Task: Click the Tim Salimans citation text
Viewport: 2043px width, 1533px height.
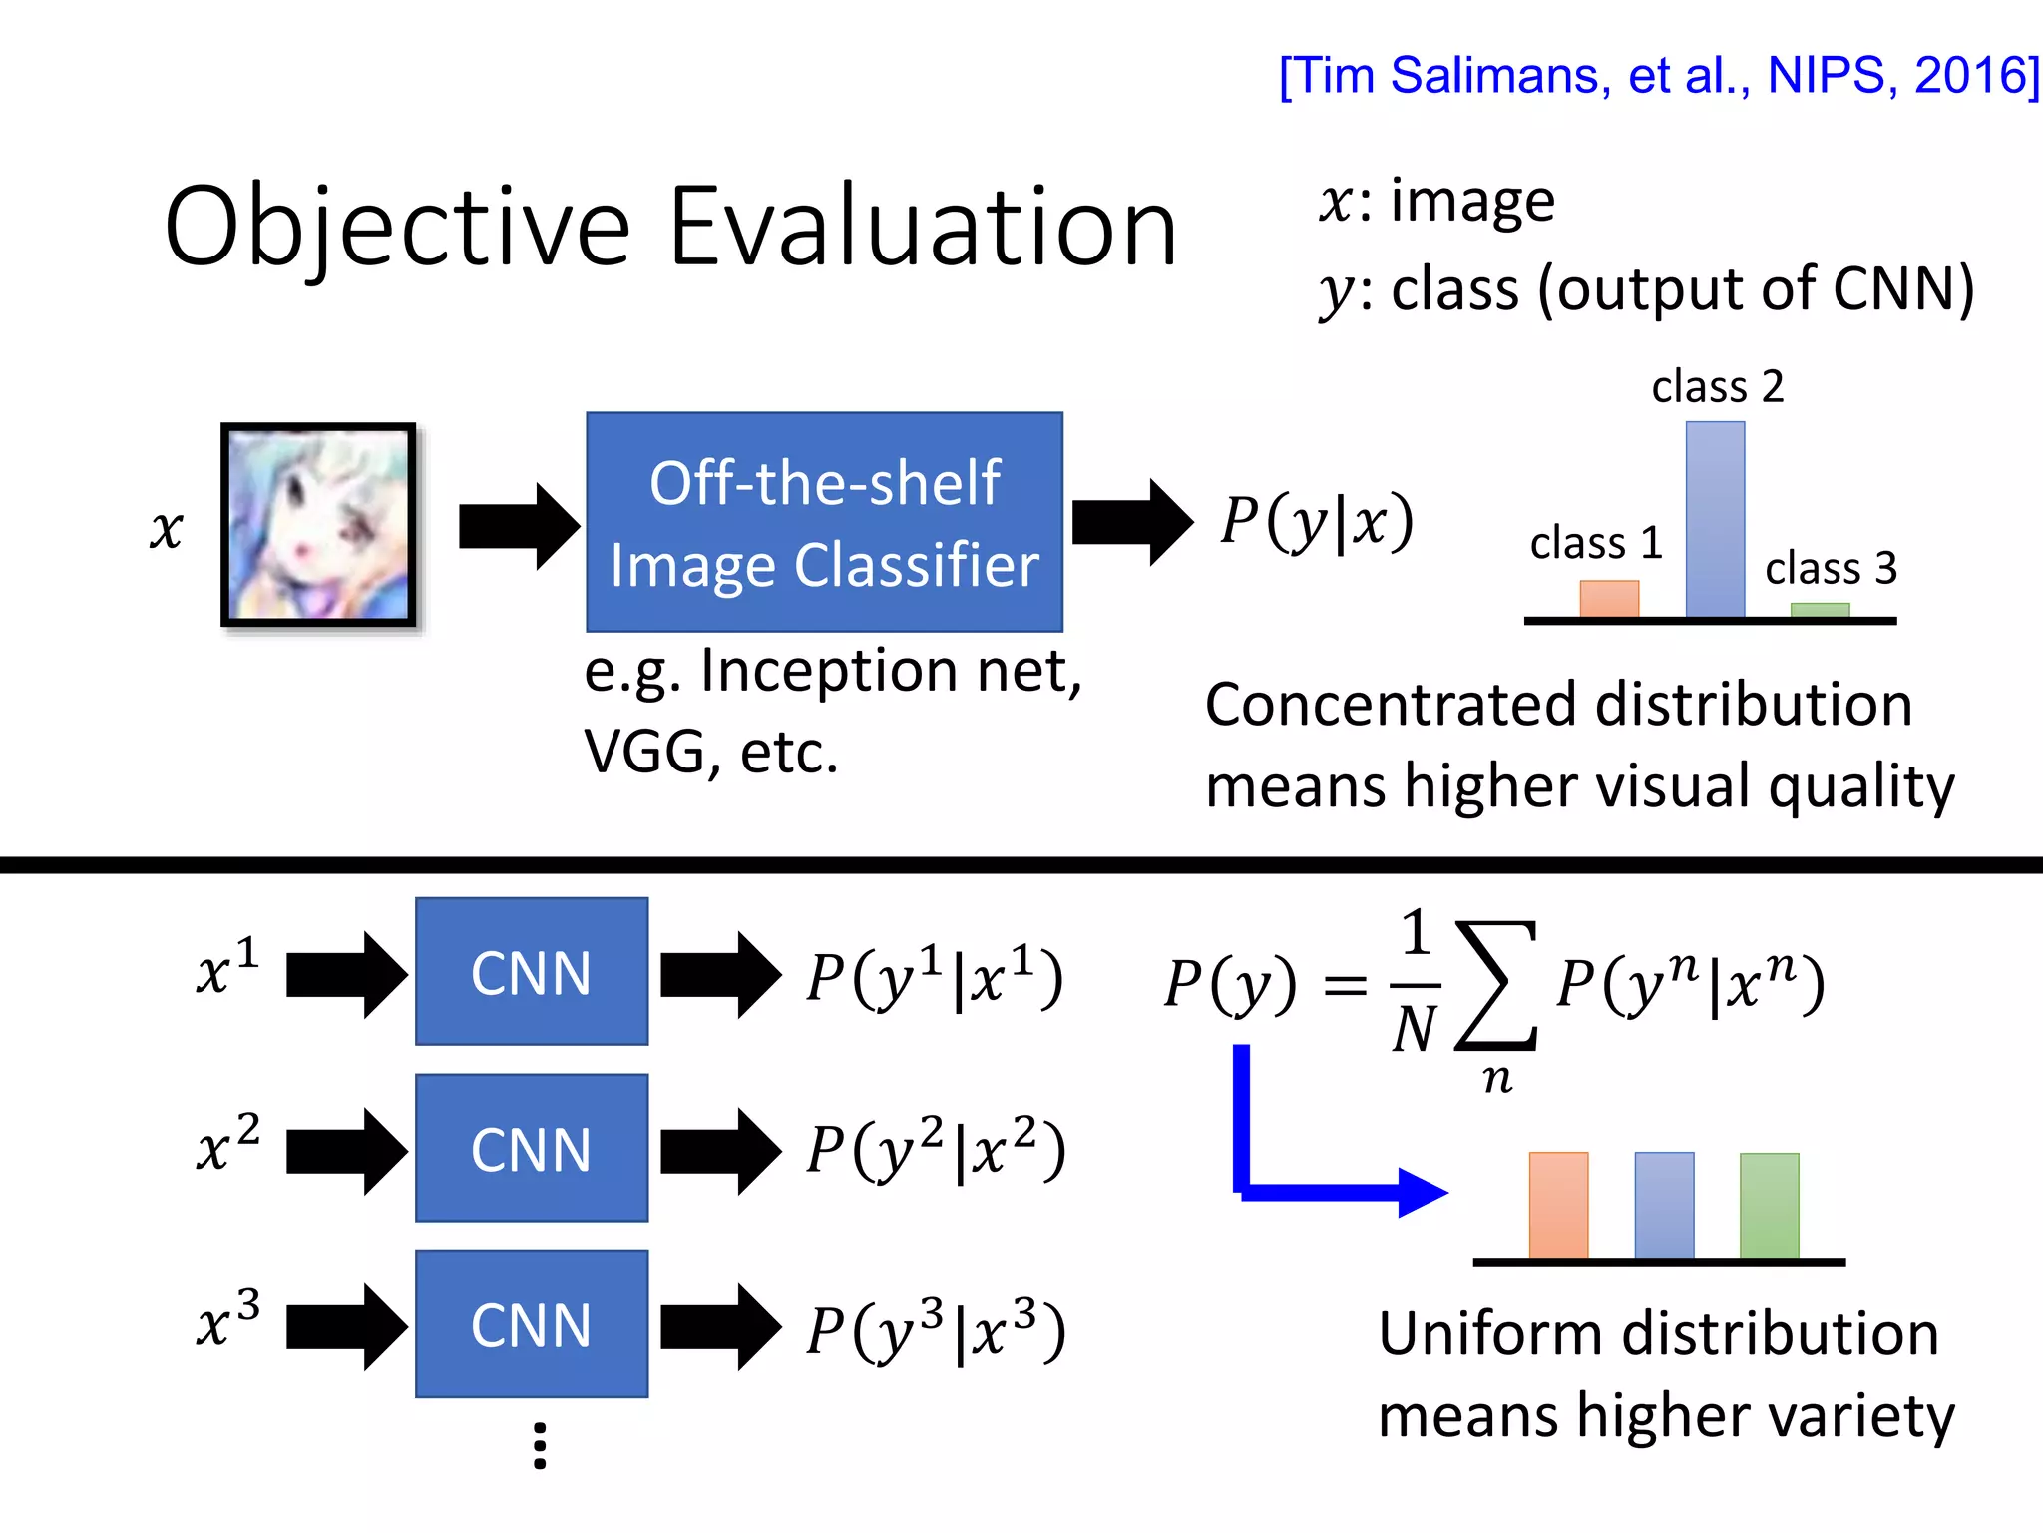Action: (1658, 76)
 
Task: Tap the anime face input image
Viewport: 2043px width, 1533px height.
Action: (318, 525)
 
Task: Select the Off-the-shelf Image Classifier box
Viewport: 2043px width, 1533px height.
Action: (824, 522)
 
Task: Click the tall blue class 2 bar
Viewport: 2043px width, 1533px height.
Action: (1715, 519)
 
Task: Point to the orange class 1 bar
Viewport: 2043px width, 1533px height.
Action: (1609, 599)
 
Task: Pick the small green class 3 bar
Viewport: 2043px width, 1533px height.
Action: (1820, 610)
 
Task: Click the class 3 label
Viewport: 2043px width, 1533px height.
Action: (1831, 568)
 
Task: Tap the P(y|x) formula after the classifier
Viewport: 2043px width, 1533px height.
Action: (1317, 521)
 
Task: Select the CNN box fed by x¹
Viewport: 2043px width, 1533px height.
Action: (532, 972)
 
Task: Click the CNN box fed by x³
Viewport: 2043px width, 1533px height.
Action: (532, 1324)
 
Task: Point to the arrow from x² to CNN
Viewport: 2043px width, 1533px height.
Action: (346, 1150)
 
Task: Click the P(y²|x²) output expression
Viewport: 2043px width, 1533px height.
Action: (936, 1150)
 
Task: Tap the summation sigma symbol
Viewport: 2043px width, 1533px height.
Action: (1496, 985)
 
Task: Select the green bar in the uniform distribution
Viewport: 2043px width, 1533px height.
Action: (1769, 1205)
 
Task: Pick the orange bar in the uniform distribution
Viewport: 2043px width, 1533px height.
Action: (1558, 1205)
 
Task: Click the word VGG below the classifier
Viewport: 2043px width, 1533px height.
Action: (644, 753)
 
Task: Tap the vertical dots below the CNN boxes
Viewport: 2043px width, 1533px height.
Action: (540, 1446)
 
